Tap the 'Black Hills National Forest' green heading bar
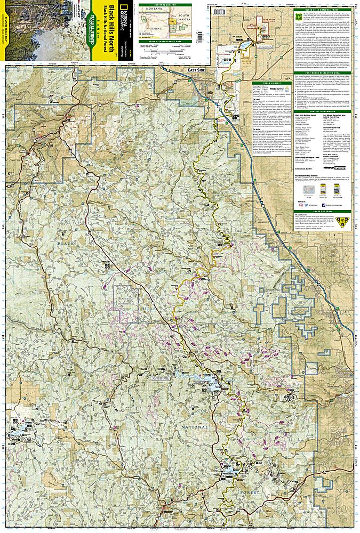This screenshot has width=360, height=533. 325,11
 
